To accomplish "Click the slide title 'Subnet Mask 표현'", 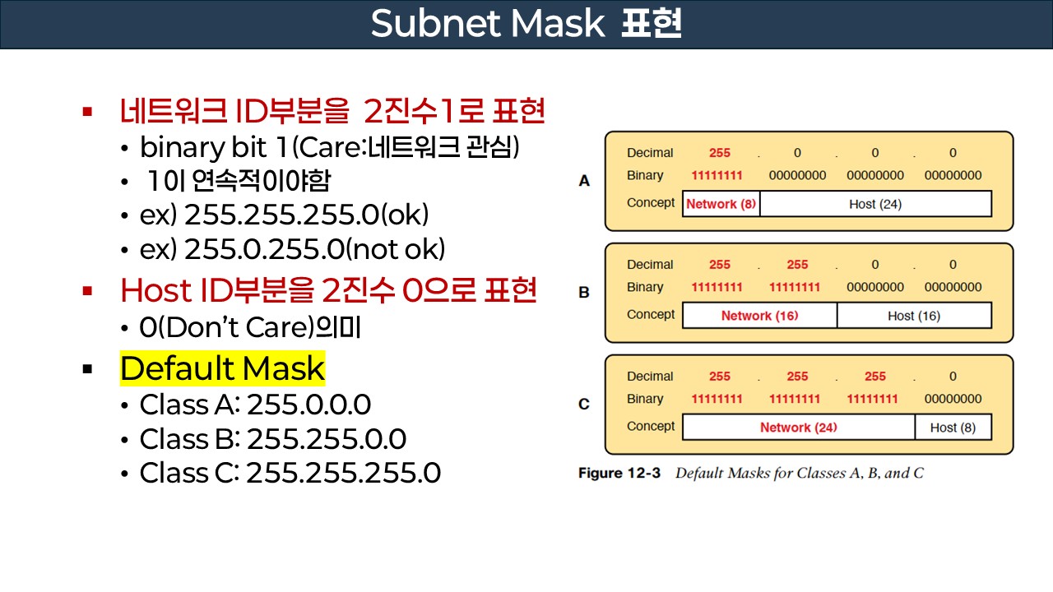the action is (526, 25).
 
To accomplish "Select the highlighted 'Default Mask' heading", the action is (222, 369).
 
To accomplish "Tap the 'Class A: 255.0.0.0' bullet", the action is (255, 405).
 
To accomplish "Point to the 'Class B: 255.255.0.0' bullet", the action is (272, 439).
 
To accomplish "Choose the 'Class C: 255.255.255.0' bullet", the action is (290, 473).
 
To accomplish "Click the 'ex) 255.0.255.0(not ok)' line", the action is (293, 249).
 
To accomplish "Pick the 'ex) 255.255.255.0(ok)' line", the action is (285, 215).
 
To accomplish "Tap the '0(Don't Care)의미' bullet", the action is (250, 328).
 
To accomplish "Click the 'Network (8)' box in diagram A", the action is (721, 204).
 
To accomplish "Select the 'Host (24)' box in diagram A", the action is (875, 204).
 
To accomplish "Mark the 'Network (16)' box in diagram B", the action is (759, 316).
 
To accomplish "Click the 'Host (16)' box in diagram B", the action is (914, 316).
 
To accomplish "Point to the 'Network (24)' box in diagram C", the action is (798, 428).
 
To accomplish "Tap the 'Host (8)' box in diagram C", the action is (953, 428).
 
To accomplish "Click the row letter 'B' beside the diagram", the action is (584, 293).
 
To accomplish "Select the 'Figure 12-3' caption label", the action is (619, 474).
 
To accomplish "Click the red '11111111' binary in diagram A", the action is (717, 175).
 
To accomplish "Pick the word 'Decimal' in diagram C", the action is (650, 377).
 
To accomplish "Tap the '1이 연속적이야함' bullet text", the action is (239, 181).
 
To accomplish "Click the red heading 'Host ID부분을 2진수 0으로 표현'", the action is (328, 290).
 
